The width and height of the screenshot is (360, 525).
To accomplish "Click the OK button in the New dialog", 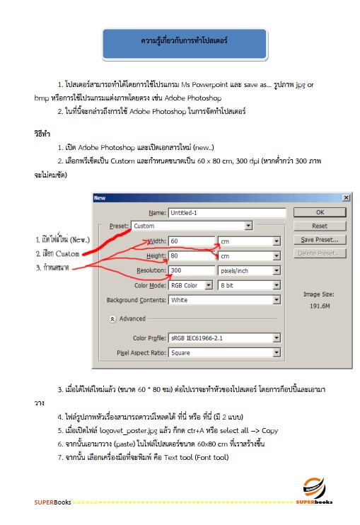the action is [320, 212].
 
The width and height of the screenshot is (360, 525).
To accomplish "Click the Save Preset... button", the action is [320, 240].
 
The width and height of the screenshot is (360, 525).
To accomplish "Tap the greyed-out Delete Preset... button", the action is [320, 253].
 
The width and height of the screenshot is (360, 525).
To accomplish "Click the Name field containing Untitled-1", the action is [226, 212].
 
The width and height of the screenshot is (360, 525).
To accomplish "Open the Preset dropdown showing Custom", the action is [192, 226].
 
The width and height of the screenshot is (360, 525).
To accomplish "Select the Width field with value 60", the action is [191, 241].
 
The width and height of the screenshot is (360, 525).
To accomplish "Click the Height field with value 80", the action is [191, 255].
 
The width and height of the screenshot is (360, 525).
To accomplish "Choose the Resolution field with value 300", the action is [191, 270].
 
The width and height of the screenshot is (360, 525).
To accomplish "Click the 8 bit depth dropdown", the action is [249, 285].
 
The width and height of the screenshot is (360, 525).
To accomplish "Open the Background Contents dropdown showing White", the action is [224, 300].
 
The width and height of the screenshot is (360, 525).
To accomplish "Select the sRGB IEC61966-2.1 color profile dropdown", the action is [224, 338].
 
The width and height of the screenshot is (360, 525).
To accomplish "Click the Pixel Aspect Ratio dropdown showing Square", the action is [224, 352].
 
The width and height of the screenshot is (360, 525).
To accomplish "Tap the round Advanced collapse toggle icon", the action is [112, 319].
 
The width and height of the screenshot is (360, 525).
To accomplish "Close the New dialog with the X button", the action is [346, 197].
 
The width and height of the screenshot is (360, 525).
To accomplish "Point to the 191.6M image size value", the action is [316, 306].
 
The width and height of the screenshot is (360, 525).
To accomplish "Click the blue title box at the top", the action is [184, 44].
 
